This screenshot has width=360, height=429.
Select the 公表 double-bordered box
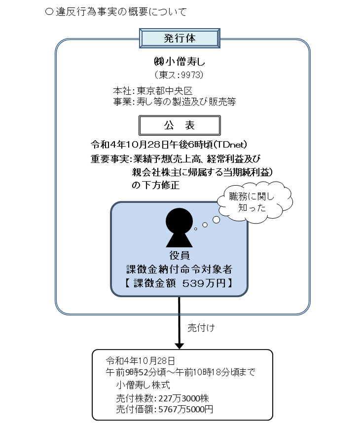pos(179,126)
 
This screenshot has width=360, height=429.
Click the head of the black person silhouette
pos(180,220)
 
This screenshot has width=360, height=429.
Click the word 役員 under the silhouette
pos(180,255)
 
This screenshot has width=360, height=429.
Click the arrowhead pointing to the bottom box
pos(180,344)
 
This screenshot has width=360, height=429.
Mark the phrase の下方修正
pos(155,185)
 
